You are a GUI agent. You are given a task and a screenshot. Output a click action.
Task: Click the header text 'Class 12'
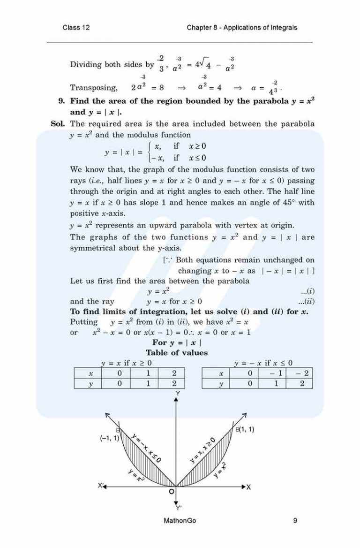tap(76, 28)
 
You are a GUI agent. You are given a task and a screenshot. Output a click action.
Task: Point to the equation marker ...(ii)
tap(306, 302)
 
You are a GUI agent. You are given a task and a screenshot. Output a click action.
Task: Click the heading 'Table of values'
tap(176, 352)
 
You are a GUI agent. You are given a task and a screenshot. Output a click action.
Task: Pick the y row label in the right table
tap(220, 383)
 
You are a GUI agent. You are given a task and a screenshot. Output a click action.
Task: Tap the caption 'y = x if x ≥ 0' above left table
tap(127, 363)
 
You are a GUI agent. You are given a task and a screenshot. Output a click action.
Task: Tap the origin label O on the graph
tap(172, 491)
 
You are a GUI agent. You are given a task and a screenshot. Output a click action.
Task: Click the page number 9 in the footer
tap(295, 520)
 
